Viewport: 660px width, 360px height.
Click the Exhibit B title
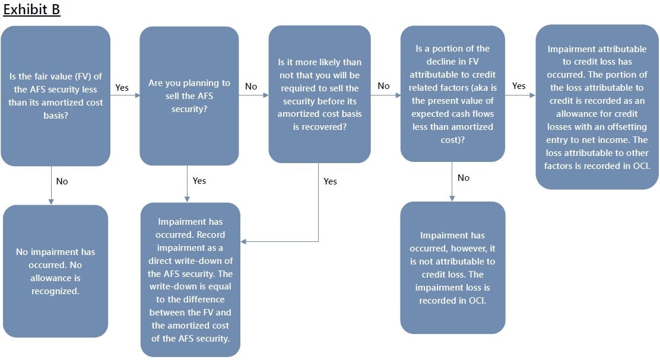(x=31, y=10)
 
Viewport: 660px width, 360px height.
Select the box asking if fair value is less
(x=55, y=95)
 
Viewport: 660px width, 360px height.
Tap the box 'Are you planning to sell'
(x=189, y=95)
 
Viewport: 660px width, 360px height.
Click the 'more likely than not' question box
(x=319, y=94)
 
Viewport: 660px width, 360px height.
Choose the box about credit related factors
(x=452, y=94)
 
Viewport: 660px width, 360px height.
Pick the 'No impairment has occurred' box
(x=55, y=271)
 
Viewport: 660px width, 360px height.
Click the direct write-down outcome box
(x=190, y=279)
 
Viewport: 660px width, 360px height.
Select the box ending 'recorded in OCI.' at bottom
(x=452, y=267)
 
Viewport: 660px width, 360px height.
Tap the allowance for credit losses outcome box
(x=597, y=107)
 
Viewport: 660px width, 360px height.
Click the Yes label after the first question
(x=122, y=88)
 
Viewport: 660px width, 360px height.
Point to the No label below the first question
(x=62, y=181)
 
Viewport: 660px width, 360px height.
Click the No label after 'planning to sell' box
(x=251, y=87)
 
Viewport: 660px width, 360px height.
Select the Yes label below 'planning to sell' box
(x=199, y=180)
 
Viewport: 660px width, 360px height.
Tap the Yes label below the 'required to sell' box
(x=330, y=181)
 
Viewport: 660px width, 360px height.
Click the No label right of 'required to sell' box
(x=383, y=86)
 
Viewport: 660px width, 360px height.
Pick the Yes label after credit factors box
(x=519, y=86)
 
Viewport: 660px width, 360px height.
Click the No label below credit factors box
(x=464, y=178)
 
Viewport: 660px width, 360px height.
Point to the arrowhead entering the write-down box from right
(x=244, y=241)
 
